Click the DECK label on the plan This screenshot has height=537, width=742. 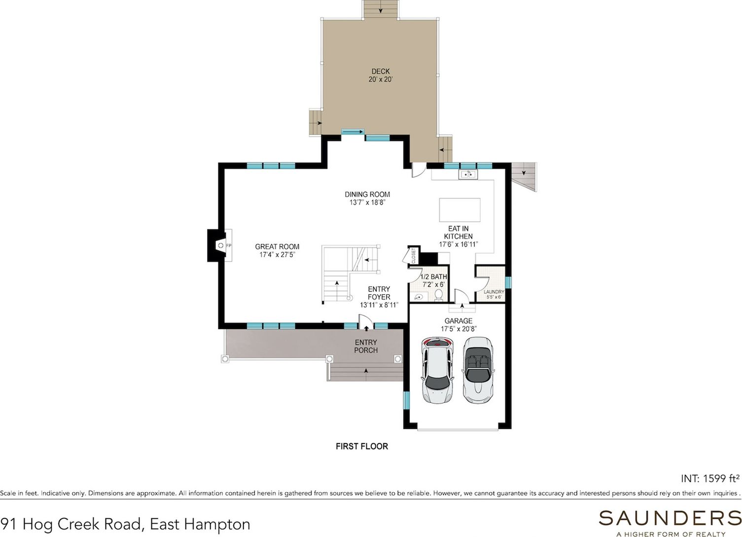point(380,71)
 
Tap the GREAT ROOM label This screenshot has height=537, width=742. point(277,247)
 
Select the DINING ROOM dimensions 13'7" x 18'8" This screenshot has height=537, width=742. point(367,203)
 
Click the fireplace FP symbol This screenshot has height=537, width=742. point(225,245)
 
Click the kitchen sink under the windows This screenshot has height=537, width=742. point(468,174)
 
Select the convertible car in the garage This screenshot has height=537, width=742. point(477,370)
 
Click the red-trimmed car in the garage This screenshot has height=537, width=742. point(437,370)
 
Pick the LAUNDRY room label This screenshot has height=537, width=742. point(494,292)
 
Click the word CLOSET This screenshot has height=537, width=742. point(413,256)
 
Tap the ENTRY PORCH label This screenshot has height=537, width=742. point(366,346)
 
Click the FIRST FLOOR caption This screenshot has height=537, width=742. point(362,447)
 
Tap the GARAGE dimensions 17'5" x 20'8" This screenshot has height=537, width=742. point(459,329)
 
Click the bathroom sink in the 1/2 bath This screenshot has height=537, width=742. point(419,297)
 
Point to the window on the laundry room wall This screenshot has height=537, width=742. point(508,283)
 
